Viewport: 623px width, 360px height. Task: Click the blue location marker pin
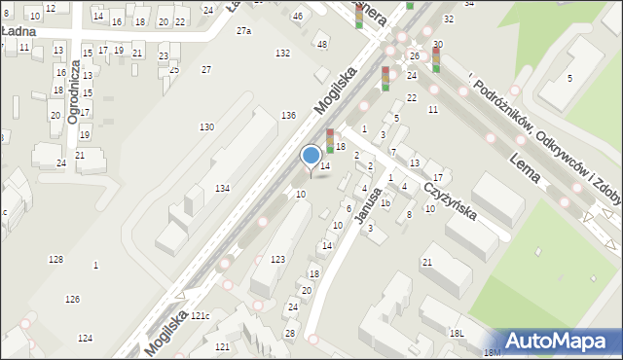pyautogui.click(x=311, y=157)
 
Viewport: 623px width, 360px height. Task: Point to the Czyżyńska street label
pyautogui.click(x=449, y=199)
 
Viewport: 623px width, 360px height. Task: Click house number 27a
pyautogui.click(x=243, y=31)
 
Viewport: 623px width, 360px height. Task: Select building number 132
pyautogui.click(x=282, y=53)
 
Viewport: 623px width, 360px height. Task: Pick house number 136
pyautogui.click(x=288, y=116)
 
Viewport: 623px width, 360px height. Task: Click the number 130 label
pyautogui.click(x=206, y=127)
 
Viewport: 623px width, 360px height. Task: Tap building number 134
pyautogui.click(x=223, y=188)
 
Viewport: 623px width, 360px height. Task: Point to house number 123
pyautogui.click(x=278, y=259)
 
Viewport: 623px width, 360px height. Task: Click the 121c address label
pyautogui.click(x=200, y=316)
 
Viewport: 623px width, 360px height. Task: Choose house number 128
pyautogui.click(x=55, y=259)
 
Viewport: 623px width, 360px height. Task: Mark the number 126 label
pyautogui.click(x=72, y=299)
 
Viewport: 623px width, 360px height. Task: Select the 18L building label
pyautogui.click(x=457, y=333)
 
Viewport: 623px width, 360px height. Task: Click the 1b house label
pyautogui.click(x=385, y=202)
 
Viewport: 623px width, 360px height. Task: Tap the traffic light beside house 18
pyautogui.click(x=330, y=141)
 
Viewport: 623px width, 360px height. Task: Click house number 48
pyautogui.click(x=322, y=44)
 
